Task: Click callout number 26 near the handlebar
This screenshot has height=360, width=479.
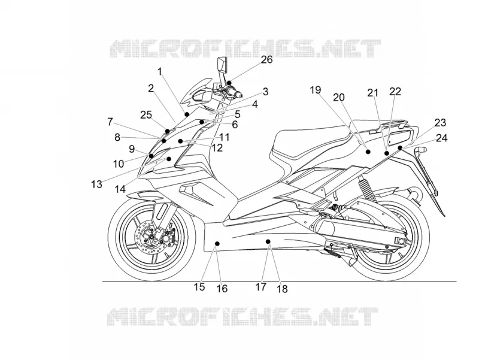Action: (x=266, y=59)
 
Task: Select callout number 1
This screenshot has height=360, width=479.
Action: (x=160, y=71)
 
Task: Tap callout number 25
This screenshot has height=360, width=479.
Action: (x=146, y=115)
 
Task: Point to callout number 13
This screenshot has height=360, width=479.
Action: (x=96, y=184)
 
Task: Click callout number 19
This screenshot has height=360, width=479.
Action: (x=316, y=90)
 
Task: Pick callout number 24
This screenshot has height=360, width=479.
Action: (x=442, y=138)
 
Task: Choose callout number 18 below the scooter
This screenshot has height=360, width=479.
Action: (x=282, y=289)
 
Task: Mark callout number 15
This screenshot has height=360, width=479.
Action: (x=199, y=287)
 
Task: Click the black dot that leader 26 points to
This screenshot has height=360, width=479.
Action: (x=229, y=83)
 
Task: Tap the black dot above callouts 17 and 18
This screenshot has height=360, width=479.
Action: (x=268, y=242)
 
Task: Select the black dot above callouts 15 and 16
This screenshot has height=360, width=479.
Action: (x=217, y=243)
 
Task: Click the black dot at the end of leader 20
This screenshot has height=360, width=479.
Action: (x=368, y=152)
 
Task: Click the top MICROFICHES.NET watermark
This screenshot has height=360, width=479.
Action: (x=245, y=49)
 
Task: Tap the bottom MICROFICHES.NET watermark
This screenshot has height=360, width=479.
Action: (x=243, y=316)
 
